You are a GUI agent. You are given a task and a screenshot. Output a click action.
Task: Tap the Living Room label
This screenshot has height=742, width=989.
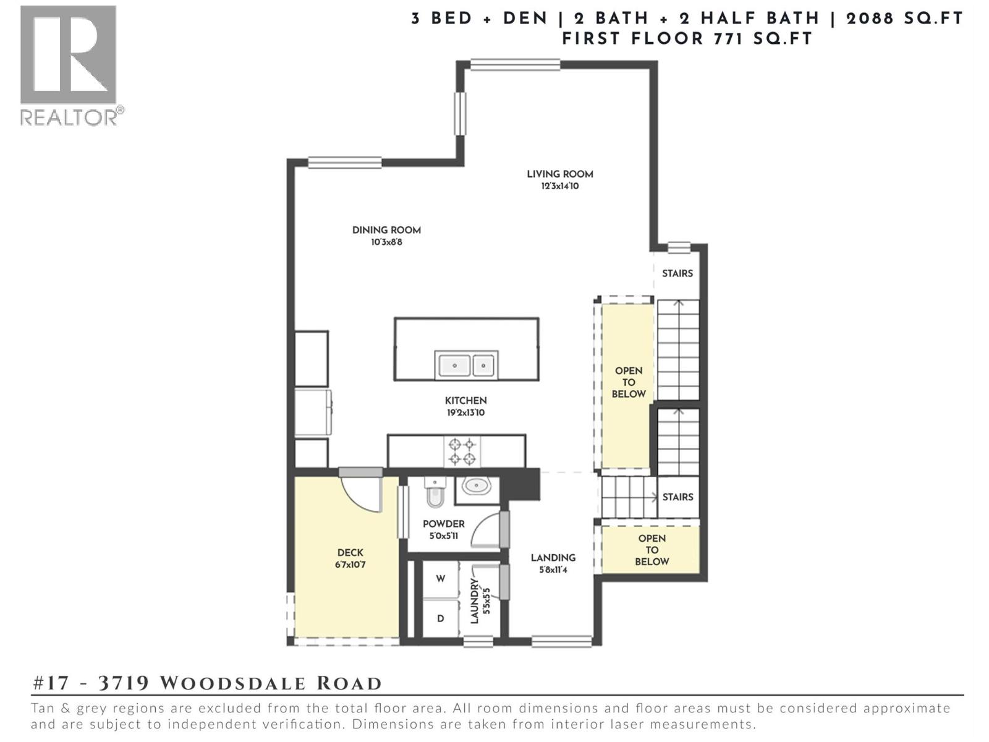click(559, 174)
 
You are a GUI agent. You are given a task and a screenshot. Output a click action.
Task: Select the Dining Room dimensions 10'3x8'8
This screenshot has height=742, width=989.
click(386, 242)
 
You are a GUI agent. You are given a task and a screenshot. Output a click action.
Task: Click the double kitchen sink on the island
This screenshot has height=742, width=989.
click(466, 365)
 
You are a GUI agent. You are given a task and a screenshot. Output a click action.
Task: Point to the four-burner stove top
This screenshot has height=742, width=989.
click(462, 451)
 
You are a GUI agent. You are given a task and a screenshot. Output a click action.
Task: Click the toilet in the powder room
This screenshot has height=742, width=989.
click(435, 493)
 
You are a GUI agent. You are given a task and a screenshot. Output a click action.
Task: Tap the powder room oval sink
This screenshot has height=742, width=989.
click(476, 486)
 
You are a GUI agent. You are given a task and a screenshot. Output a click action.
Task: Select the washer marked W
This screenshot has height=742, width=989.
click(440, 579)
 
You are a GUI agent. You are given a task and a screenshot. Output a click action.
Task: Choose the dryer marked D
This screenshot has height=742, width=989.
click(440, 618)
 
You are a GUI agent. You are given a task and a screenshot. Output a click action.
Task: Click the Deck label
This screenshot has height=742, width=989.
click(350, 553)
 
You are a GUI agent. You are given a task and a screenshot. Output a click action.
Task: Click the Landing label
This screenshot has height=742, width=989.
click(553, 558)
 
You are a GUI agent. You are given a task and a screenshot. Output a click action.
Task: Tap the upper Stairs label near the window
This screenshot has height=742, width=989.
click(677, 273)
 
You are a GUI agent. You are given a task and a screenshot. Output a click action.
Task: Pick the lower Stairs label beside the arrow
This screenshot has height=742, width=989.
click(677, 497)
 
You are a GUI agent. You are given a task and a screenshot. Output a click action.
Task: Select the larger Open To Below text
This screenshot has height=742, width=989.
click(628, 382)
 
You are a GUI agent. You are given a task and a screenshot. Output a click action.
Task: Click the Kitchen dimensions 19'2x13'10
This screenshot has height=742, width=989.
click(465, 412)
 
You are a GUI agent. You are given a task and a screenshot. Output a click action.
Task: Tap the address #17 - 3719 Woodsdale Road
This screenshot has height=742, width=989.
click(207, 683)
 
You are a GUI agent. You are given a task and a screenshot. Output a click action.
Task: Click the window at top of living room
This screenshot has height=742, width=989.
click(515, 64)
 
